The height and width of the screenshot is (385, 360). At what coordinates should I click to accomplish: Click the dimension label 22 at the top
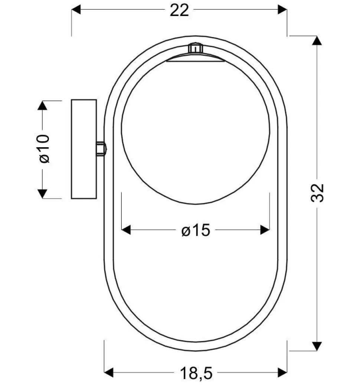(180, 11)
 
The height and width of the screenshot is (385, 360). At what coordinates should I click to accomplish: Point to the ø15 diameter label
(196, 231)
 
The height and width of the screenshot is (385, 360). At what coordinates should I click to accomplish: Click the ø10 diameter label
(44, 149)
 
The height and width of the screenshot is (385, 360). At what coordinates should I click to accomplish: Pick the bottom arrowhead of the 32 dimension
(317, 346)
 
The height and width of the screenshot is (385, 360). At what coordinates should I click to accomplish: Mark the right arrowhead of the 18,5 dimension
(282, 371)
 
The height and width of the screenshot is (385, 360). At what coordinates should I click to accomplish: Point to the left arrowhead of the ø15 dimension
(127, 230)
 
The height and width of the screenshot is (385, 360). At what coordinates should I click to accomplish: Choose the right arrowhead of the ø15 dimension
(265, 230)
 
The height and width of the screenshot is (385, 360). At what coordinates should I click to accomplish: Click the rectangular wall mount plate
(84, 149)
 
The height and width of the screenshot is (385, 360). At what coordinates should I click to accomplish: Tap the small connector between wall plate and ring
(101, 148)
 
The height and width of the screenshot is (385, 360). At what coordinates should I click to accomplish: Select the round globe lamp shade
(195, 134)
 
